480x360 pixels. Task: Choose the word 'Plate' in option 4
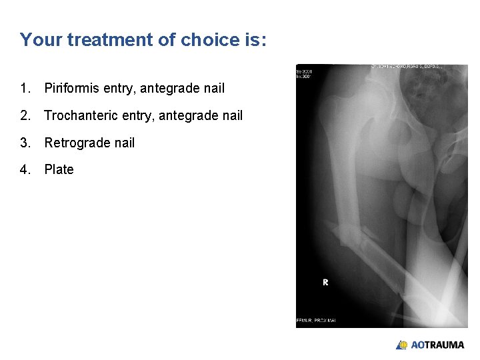[59, 169]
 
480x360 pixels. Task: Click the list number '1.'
[25, 88]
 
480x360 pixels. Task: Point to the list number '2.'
[25, 116]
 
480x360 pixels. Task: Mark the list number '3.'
[25, 143]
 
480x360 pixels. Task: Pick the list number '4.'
[25, 169]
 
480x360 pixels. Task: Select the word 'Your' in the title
[40, 40]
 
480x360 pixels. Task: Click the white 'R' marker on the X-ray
[325, 282]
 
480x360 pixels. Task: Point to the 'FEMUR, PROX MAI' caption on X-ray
[316, 321]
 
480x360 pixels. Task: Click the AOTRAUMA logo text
[437, 345]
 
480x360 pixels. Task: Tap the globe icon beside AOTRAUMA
[402, 345]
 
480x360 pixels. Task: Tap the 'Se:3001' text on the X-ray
[304, 70]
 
